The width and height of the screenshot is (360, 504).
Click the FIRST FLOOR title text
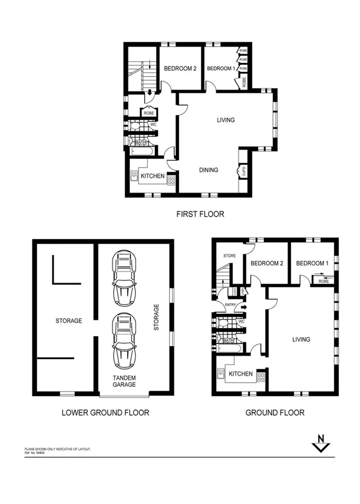[x=200, y=214]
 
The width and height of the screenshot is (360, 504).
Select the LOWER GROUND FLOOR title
[x=105, y=413]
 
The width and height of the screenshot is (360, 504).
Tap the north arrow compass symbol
[x=321, y=443]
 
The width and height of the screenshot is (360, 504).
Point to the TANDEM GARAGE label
[x=124, y=381]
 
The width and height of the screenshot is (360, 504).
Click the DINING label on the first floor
[x=208, y=170]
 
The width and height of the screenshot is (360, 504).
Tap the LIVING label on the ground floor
[x=300, y=340]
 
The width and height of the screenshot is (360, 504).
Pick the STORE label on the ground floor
[x=229, y=256]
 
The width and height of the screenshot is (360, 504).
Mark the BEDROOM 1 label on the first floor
[x=220, y=69]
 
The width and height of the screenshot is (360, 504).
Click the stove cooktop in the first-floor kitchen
[x=171, y=180]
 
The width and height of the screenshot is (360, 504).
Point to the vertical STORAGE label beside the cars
[x=156, y=317]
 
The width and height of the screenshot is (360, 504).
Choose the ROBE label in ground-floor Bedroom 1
[x=323, y=281]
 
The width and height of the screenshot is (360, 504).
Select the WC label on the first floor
[x=152, y=125]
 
